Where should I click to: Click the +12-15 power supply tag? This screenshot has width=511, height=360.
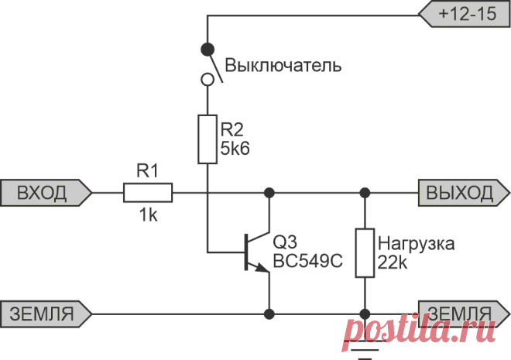coord(465,15)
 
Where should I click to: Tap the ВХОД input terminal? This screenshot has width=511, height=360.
coord(46,193)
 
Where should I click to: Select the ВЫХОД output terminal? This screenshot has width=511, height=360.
coord(464,193)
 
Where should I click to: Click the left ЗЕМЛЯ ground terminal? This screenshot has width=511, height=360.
coord(46,314)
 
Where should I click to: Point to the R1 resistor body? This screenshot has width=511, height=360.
coord(148,193)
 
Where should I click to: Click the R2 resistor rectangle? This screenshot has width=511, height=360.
coord(207,139)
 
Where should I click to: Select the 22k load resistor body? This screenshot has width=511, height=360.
coord(365,253)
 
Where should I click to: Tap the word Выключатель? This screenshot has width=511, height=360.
coord(283,66)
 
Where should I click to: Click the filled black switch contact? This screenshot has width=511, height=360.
coord(207,50)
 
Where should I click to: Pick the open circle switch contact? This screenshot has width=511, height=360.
coord(207,80)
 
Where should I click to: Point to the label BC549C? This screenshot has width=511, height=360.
coord(307,261)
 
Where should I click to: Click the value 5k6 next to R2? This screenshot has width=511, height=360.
coord(235,149)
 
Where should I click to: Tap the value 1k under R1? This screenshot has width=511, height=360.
coord(149,215)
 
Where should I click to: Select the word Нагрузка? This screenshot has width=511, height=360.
coord(417,244)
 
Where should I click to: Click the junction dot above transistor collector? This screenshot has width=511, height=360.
coord(269,193)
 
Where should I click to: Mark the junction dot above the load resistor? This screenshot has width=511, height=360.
coord(365,193)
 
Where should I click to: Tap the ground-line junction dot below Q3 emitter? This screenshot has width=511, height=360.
coord(269,314)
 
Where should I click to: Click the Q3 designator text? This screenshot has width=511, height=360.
coord(285,242)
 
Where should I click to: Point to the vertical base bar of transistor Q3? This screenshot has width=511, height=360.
coord(246,252)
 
